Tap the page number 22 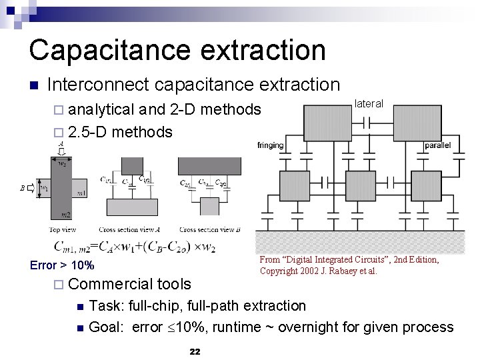195,351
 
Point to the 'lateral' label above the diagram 369,103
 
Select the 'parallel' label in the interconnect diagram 438,145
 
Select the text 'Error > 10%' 62,265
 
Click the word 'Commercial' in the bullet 102,285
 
